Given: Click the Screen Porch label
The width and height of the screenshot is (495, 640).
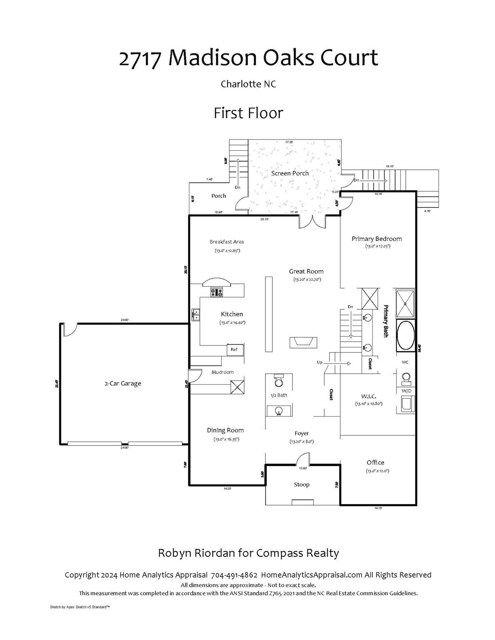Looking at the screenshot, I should [x=290, y=173].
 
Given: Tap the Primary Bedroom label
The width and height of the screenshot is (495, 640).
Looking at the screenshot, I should [x=377, y=239].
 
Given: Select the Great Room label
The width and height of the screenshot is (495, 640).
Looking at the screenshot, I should [x=306, y=271].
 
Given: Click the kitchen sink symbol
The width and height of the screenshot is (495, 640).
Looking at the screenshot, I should [x=196, y=315].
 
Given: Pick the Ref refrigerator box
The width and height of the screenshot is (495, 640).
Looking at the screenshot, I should [x=234, y=350].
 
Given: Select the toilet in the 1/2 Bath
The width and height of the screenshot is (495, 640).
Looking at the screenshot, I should [x=278, y=381].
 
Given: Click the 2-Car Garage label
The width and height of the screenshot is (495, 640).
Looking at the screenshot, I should [x=123, y=383].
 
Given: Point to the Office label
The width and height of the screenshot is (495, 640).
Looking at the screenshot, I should [x=375, y=462].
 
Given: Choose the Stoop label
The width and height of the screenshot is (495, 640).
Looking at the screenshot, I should [x=302, y=485].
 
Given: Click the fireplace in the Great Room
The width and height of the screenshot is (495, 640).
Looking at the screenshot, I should [x=303, y=342].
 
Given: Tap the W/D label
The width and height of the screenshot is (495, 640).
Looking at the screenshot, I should [x=406, y=391].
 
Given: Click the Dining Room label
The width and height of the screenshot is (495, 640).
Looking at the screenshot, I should [x=225, y=430].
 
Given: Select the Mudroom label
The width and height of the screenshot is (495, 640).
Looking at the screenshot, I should [x=222, y=372].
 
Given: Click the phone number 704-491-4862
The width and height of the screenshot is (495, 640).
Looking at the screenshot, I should [x=234, y=575].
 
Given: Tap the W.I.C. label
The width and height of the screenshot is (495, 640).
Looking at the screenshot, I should [x=369, y=396].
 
